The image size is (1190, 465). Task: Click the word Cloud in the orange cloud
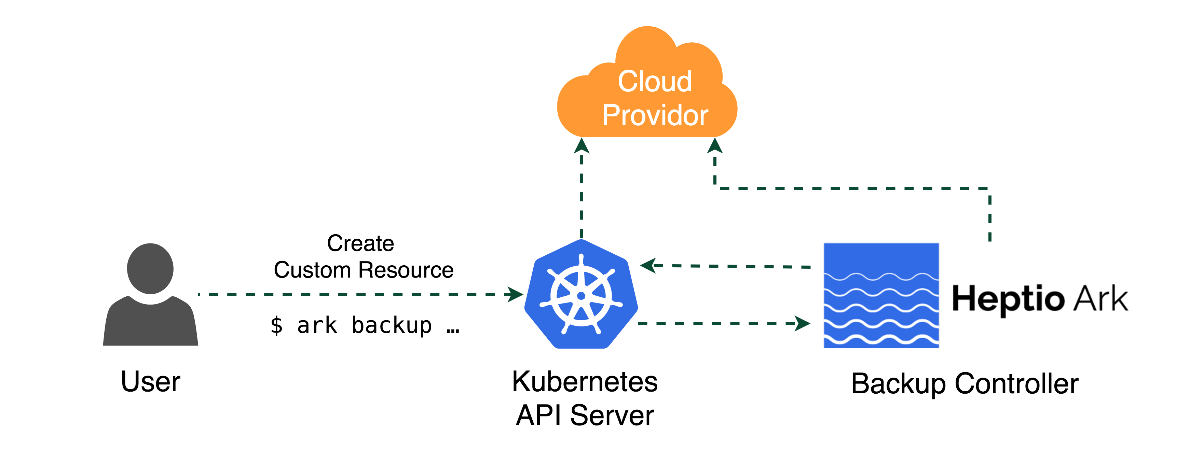[655, 82]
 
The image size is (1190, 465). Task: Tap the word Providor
[655, 115]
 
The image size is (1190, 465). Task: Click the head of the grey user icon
[150, 268]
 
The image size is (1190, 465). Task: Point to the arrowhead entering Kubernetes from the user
[515, 294]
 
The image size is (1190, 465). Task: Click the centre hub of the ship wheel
[581, 296]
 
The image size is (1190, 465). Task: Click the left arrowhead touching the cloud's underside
[582, 146]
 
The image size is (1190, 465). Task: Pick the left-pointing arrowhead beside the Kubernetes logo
[648, 266]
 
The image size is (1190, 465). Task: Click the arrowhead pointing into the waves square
[803, 324]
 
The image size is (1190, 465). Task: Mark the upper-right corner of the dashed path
[989, 189]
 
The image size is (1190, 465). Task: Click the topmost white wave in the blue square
[881, 277]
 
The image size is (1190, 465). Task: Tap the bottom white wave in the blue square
[881, 340]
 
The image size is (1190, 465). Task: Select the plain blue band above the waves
[881, 258]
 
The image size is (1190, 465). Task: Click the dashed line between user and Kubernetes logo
[351, 294]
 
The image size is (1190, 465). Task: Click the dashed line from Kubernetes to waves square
[716, 324]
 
